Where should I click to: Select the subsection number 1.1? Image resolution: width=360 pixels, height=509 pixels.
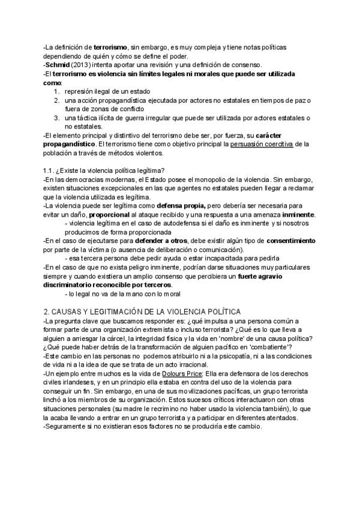(49, 170)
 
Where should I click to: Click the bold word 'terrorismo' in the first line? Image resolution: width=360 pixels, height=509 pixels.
(110, 47)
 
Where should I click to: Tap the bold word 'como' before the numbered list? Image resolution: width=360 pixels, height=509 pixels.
(52, 82)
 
